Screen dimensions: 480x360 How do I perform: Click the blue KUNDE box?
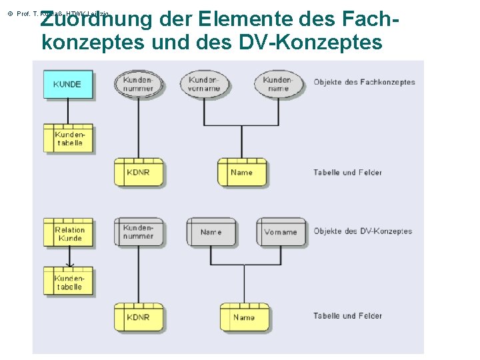pos(67,84)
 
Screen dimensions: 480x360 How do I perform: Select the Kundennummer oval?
pos(138,83)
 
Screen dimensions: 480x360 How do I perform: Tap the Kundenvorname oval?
pos(204,83)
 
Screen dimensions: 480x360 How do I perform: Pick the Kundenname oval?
pos(278,83)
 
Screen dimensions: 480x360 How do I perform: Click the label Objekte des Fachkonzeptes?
pos(364,83)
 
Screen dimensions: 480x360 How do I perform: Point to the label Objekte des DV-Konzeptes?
pos(363,231)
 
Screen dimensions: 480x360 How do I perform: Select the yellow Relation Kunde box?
pos(69,234)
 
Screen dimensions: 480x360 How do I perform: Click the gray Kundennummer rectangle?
pos(138,232)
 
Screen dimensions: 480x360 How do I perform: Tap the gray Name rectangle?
pos(211,232)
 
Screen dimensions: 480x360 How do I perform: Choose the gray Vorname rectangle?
pos(281,232)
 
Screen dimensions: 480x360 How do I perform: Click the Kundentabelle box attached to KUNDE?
pos(69,139)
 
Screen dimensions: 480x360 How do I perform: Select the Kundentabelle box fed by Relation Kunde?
pos(69,282)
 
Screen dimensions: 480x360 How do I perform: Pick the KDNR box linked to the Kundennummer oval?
pos(138,173)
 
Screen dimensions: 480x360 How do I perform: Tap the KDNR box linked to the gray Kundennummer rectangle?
pos(138,317)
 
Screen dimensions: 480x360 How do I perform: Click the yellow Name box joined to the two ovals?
pos(241,173)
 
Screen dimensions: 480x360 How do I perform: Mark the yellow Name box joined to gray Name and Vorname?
pos(244,317)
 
